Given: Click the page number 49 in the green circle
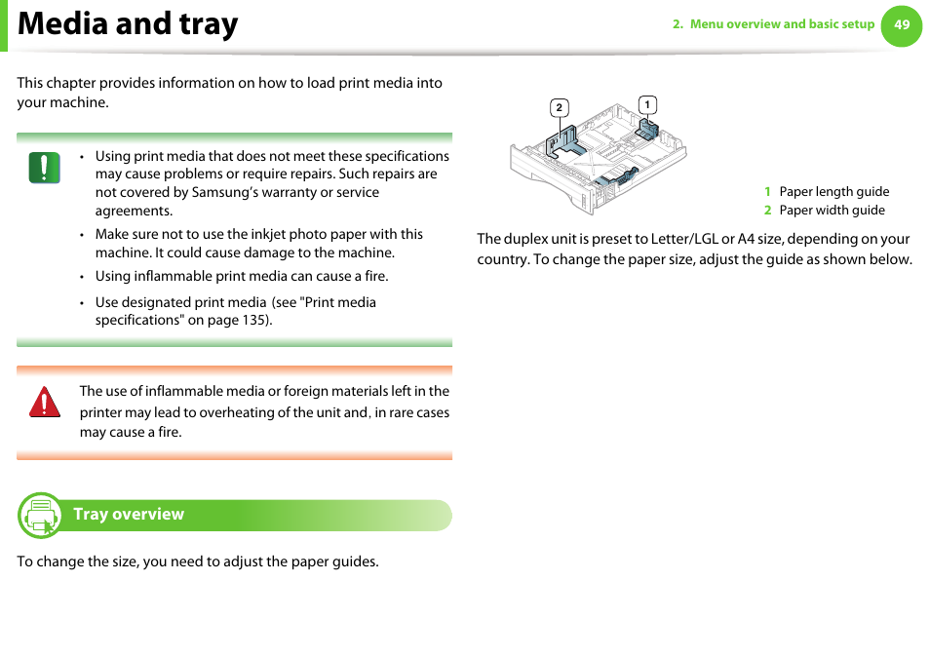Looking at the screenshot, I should coord(902,25).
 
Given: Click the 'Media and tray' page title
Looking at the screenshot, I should coord(128,24).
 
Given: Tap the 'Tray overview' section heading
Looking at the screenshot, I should coord(129,515).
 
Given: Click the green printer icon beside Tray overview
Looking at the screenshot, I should coord(40,516).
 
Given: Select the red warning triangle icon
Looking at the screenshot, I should coord(44,402).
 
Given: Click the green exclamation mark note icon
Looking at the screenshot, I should coord(44,168).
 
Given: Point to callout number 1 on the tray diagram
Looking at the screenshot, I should coord(646,104).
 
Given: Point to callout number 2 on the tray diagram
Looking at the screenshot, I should coord(559,107).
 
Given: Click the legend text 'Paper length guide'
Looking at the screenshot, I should coord(833,192).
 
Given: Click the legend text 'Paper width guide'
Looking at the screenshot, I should coord(832,210).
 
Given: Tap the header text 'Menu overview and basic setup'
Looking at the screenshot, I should coord(782,24).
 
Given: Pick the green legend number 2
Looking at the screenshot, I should coord(767,210).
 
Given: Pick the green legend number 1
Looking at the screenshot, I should coord(767,192).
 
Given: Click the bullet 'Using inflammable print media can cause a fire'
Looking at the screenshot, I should coord(241,276).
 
